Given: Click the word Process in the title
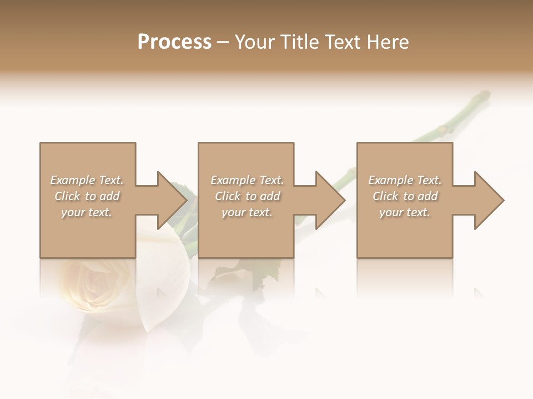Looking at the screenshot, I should [174, 42].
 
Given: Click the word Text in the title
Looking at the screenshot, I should [343, 42].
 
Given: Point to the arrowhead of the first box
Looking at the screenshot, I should [172, 200].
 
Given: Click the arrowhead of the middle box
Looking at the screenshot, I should [330, 200].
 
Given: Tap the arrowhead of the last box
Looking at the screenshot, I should [489, 200].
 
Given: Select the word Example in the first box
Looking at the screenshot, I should [72, 180].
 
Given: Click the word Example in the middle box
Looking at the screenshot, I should [233, 180].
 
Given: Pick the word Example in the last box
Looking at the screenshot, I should [390, 180].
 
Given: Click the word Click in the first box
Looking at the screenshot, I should [67, 196].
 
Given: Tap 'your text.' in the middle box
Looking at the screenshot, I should [247, 212].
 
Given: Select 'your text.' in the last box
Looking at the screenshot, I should [405, 212].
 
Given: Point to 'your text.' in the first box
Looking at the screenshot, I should [87, 212].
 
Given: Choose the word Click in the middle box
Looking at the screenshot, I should [228, 196].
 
